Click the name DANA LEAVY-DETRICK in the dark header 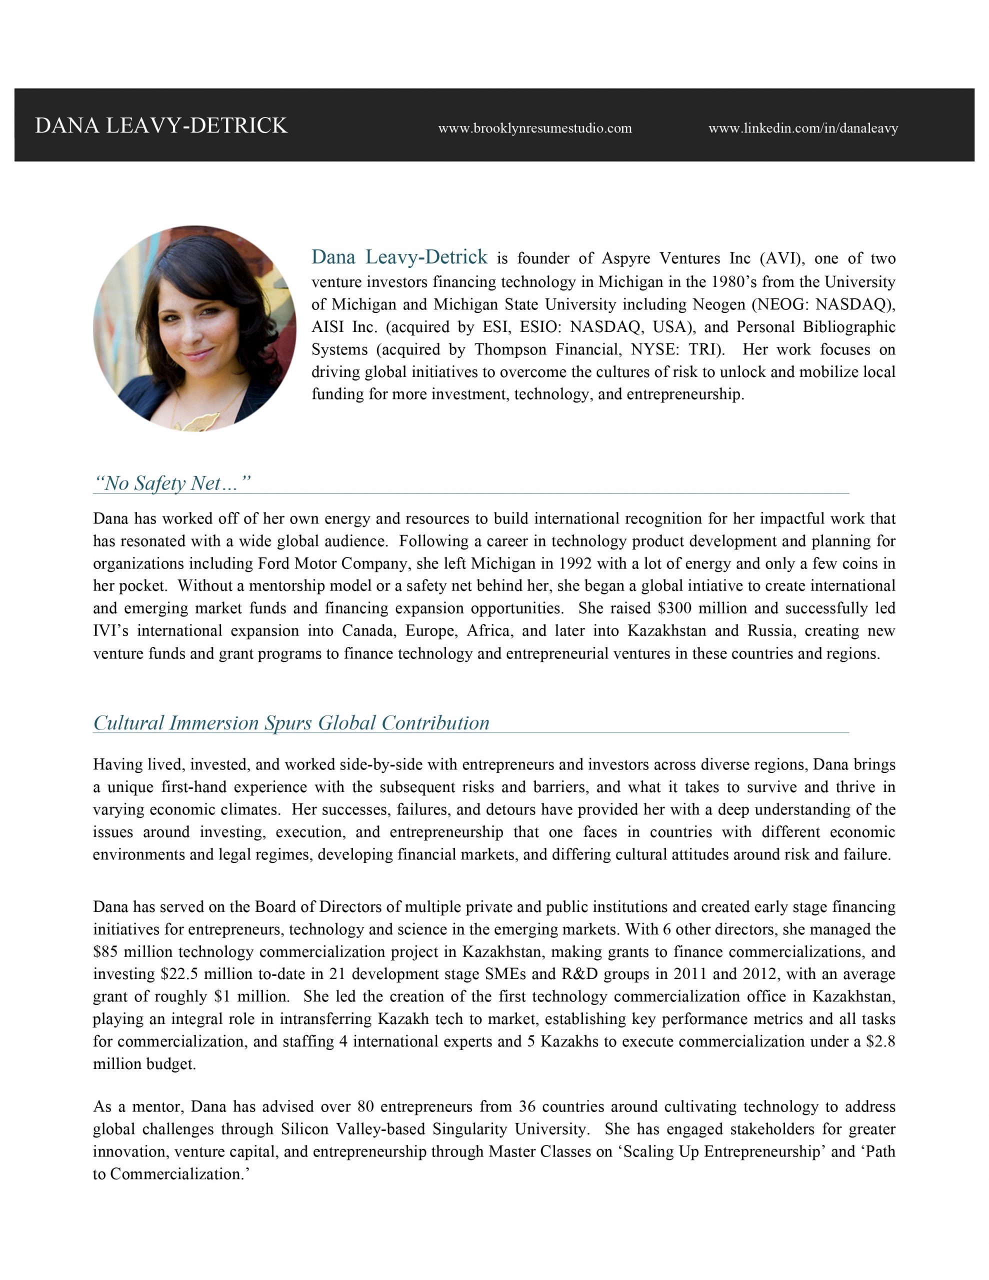160,125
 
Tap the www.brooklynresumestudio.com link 534,128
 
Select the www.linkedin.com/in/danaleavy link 802,128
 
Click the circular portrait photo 194,328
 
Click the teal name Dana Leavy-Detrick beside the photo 398,256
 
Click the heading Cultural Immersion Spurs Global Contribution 291,722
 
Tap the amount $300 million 696,608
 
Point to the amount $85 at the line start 105,952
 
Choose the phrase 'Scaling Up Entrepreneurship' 721,1151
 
